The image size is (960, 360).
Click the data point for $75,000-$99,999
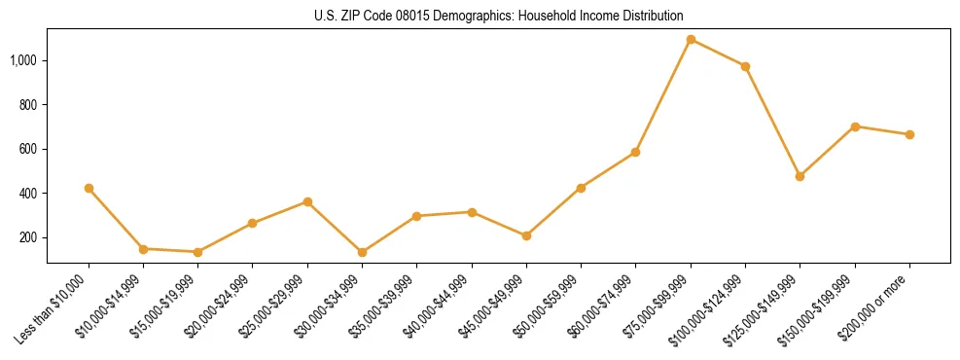[691, 40]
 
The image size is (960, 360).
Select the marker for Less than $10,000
[89, 188]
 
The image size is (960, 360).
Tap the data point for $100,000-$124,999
[745, 66]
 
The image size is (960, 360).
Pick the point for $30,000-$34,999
[362, 252]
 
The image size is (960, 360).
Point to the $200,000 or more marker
[909, 134]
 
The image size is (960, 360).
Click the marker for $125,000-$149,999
[800, 176]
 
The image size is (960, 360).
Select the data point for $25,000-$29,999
[307, 201]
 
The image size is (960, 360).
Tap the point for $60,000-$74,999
[635, 152]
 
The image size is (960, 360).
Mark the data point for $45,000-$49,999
[526, 235]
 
